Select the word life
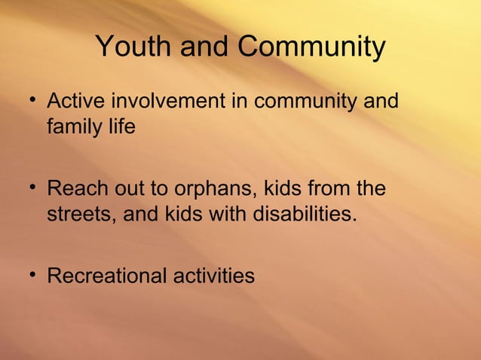tap(121, 126)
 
